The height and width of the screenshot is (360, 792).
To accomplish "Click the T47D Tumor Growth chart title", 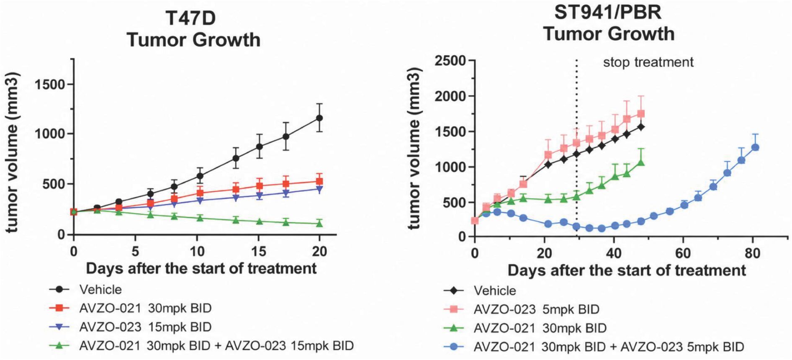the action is coord(193,29).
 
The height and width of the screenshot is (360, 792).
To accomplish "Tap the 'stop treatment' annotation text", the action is coord(648,62).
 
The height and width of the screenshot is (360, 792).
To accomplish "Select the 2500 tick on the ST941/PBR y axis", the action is coord(450,61).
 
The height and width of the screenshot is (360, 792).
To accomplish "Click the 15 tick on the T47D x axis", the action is coord(258,251).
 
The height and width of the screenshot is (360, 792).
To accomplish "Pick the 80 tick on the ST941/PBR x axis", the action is coord(752,253).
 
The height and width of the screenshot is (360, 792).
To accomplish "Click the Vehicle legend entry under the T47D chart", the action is coord(85,289).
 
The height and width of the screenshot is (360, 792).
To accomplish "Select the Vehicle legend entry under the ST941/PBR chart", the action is coord(480,291).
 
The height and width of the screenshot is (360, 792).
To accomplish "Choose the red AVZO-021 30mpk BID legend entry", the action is coord(130,308).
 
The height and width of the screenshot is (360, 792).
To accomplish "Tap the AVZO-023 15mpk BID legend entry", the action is coord(130,327).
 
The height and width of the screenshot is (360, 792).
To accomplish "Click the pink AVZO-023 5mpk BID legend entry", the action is coord(521,309).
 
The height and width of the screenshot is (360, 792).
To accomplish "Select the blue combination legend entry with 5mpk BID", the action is coord(594,347).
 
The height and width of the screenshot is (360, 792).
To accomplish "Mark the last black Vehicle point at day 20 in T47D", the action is coord(319,118).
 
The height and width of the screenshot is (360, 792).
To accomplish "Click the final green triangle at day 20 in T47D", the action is coord(319,224).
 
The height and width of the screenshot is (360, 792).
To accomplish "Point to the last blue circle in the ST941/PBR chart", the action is coord(756,147).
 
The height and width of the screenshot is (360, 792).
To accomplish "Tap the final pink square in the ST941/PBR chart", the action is coord(640,114).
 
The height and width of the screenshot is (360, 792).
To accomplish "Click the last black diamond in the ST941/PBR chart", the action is coord(640,127).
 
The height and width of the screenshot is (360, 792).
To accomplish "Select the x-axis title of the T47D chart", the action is coord(201,268).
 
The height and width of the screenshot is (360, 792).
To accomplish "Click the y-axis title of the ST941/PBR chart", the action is coord(414,148).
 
